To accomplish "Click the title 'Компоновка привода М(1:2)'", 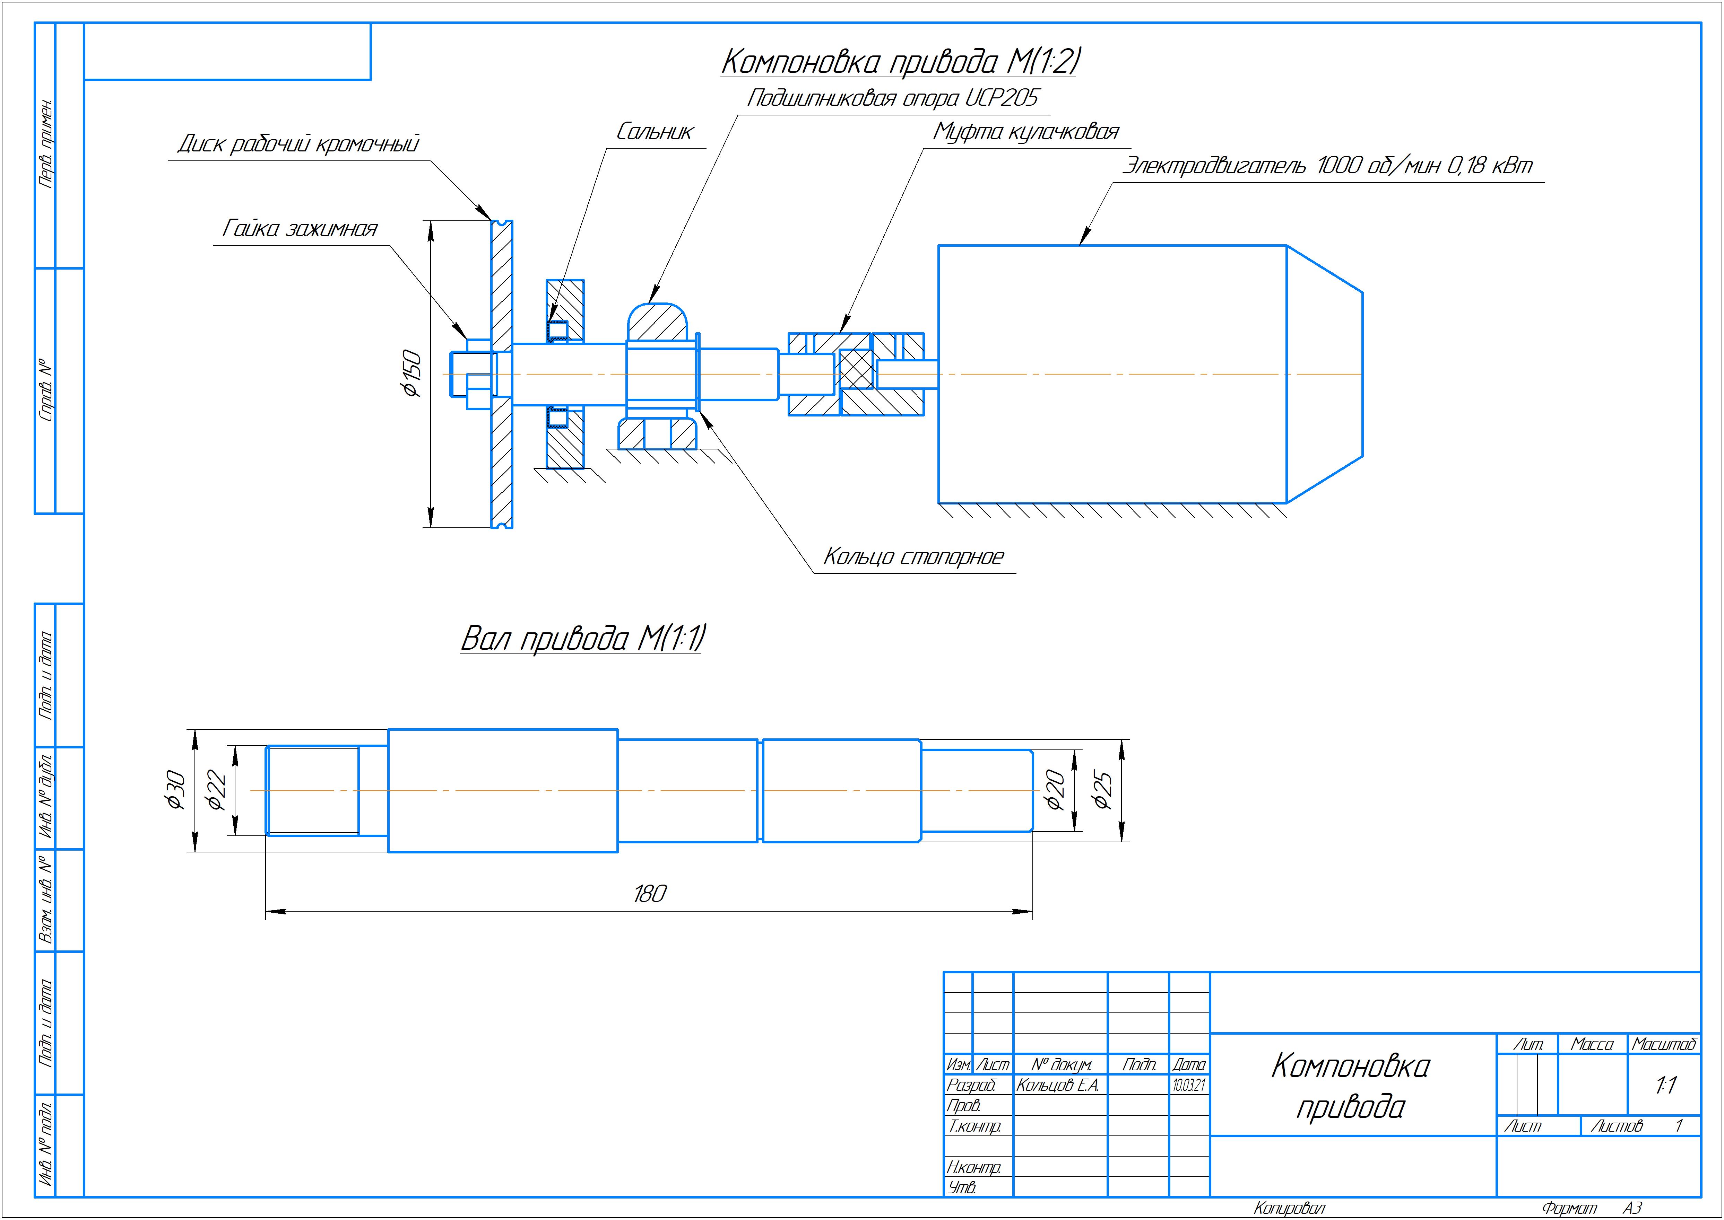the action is pyautogui.click(x=900, y=62).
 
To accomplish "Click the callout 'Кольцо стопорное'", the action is pyautogui.click(x=913, y=557).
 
